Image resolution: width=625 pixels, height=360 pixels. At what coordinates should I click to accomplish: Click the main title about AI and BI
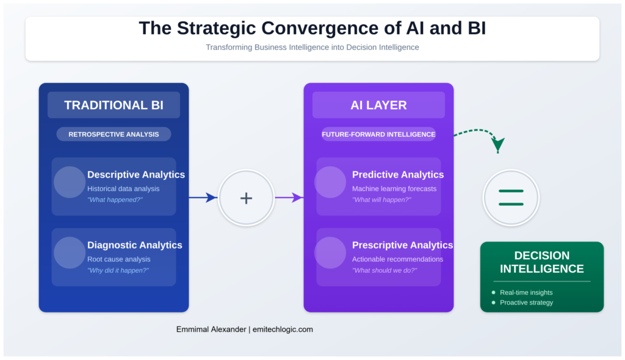[312, 29]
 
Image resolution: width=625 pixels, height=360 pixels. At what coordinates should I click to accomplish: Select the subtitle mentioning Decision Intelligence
[312, 47]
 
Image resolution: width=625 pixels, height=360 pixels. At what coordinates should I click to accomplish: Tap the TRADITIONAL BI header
[114, 105]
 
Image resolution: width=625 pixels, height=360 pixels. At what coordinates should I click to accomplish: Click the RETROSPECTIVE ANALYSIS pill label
[114, 134]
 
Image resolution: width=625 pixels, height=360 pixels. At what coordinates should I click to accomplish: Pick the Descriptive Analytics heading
[135, 175]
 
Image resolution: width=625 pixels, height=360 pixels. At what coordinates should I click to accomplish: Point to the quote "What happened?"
[115, 200]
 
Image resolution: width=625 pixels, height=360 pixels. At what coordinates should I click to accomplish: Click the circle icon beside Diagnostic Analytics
[70, 253]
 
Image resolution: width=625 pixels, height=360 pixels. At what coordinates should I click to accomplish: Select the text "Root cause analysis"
[118, 259]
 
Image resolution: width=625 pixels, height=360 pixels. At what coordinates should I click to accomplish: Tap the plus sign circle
[246, 198]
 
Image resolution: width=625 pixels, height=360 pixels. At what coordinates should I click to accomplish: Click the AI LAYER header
[378, 105]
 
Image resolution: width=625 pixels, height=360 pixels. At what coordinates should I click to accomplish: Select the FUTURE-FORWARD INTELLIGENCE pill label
[378, 134]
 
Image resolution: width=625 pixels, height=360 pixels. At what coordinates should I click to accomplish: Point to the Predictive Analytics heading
[398, 175]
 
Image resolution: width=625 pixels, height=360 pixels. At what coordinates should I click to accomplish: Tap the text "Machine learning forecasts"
[394, 189]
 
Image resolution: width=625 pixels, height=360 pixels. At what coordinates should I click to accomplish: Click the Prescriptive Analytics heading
[402, 245]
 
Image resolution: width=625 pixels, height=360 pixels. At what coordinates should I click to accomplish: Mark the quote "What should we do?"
[385, 270]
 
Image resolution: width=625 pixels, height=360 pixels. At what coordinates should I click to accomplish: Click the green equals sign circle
[511, 198]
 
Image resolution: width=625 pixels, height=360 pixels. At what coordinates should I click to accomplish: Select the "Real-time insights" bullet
[526, 292]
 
